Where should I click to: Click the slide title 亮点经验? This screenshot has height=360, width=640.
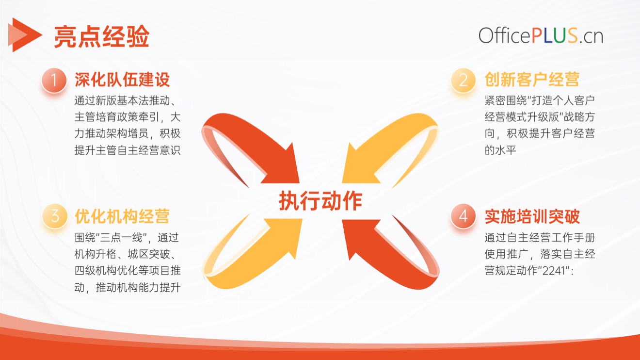point(102,36)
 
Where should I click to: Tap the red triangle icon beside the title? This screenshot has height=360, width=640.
point(25,35)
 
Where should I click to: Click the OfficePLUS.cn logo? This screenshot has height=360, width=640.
point(541,36)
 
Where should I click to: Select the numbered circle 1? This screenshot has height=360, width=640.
point(54,80)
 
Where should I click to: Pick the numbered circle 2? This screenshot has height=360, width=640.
point(463,80)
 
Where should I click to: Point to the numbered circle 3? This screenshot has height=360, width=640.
point(55,216)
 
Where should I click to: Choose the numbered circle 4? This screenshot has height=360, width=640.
point(463,216)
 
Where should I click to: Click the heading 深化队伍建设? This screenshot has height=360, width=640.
point(122,80)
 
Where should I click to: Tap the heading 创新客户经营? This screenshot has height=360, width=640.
point(532,80)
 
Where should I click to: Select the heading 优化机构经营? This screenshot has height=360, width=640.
point(122,216)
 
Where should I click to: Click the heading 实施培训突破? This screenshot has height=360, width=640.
point(532,216)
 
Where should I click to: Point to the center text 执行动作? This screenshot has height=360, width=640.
point(320,201)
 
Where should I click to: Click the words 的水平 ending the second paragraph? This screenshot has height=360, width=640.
point(500,150)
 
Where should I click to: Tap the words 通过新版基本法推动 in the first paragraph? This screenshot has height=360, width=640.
point(122,100)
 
